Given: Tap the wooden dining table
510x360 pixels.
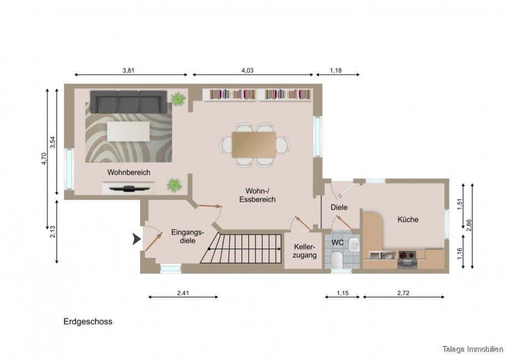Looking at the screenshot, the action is click(254, 145).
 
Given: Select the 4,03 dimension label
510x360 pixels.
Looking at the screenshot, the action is click(247, 70).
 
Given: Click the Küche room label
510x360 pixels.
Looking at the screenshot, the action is click(408, 220).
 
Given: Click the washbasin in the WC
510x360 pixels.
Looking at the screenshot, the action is click(354, 245).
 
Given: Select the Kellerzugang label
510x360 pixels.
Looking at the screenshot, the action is click(304, 251).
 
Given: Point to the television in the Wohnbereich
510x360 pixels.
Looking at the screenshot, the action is click(129, 188).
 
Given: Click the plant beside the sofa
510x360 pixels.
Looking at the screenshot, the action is click(178, 99).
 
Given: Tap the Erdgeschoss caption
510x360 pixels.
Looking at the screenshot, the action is click(88, 322).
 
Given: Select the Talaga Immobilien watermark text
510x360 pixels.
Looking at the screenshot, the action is click(473, 349).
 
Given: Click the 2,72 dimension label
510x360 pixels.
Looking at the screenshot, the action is click(404, 293).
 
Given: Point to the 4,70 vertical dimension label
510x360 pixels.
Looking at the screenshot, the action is click(44, 158).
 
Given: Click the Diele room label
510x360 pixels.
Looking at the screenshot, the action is click(339, 207).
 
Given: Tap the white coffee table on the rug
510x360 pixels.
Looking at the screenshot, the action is click(128, 131).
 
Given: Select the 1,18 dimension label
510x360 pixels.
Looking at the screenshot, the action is click(336, 70).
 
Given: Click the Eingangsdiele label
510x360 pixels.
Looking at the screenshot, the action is click(188, 236).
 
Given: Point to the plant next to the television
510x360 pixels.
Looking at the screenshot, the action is click(174, 185).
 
